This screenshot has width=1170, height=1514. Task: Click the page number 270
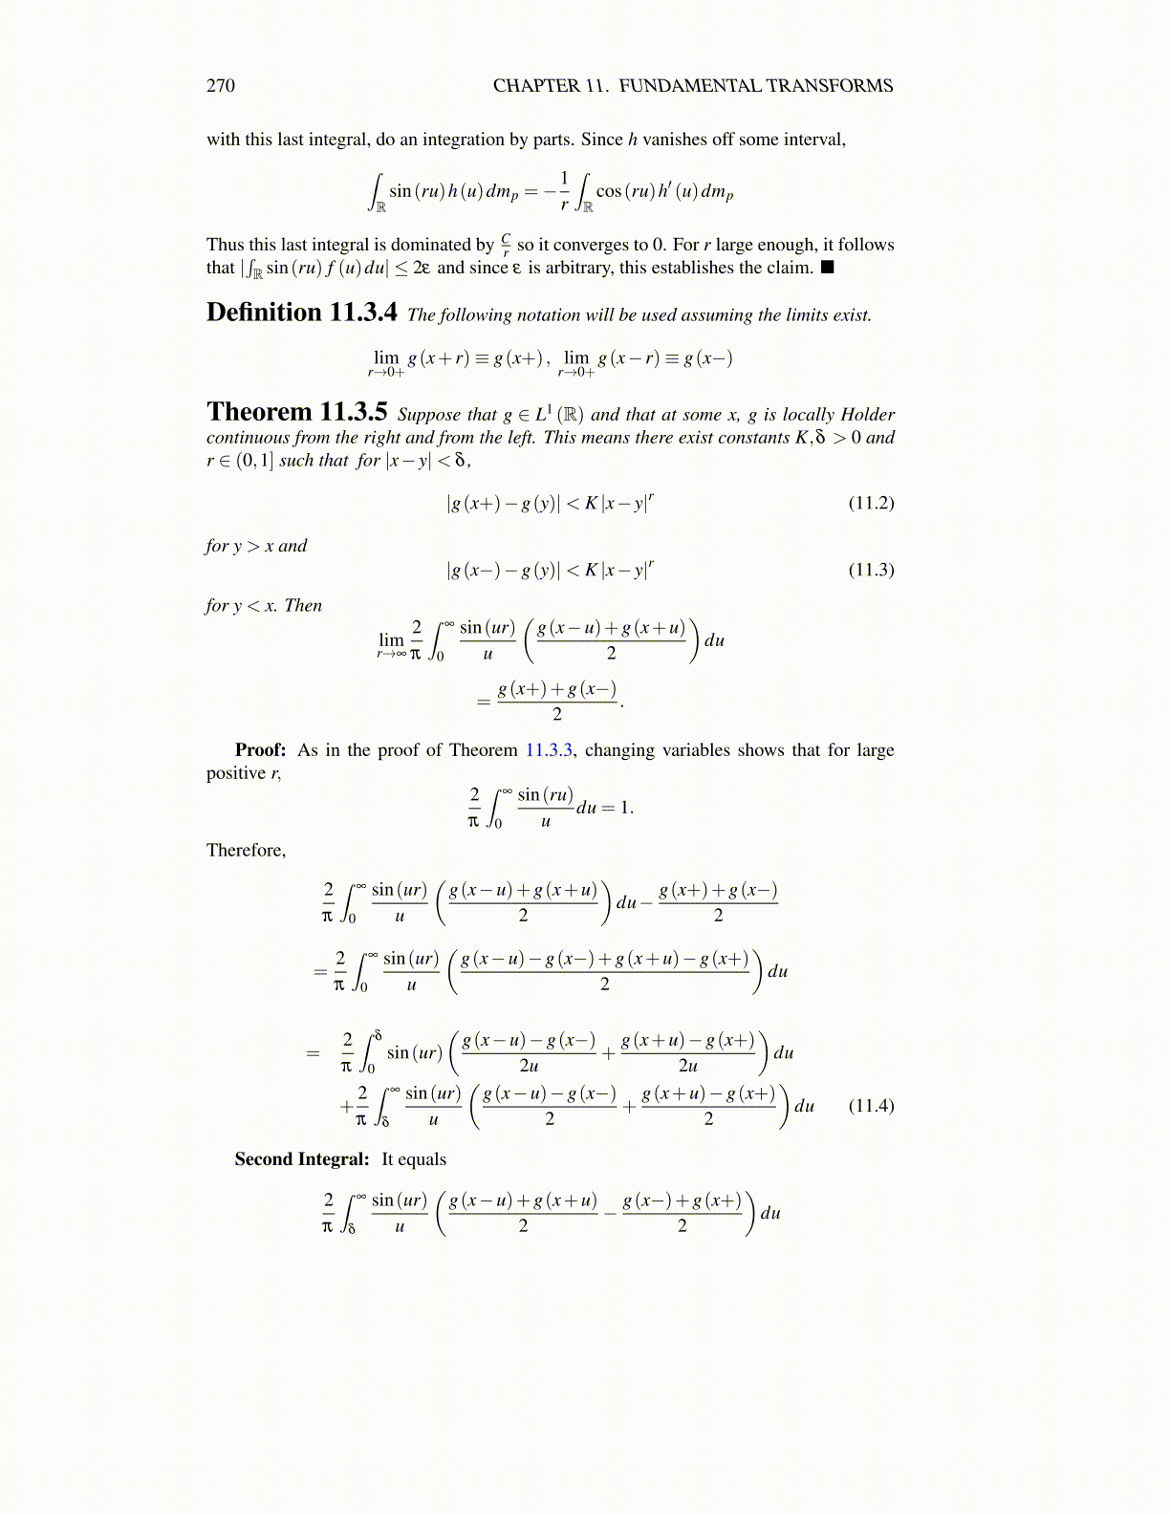point(220,86)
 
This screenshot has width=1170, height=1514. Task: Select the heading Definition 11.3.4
point(301,313)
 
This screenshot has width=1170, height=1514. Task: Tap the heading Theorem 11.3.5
point(296,412)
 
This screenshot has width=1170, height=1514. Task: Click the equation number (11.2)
point(871,503)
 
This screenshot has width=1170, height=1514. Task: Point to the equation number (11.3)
point(871,570)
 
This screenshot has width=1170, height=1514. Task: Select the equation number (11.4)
point(871,1106)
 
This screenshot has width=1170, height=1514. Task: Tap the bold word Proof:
point(260,750)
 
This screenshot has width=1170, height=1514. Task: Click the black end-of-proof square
point(828,268)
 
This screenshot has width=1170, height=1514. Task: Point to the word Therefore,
point(246,851)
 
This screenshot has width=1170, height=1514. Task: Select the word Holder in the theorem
point(867,415)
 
